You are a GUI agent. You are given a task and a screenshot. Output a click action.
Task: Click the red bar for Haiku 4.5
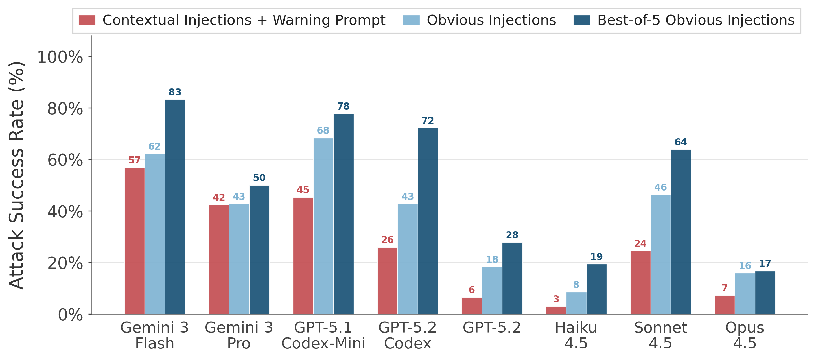point(556,310)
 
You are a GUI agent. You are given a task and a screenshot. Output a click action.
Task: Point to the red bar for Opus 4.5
point(725,305)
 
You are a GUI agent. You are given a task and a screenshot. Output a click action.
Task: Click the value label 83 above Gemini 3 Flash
point(175,92)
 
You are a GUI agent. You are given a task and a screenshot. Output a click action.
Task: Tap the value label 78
point(344,106)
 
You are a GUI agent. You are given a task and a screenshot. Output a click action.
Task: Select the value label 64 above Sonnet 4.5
point(681,142)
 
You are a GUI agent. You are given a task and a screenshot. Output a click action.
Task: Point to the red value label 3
point(556,299)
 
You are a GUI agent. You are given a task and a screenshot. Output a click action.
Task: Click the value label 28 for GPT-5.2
point(512,235)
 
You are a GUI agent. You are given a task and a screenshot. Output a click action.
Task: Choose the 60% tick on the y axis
point(65,160)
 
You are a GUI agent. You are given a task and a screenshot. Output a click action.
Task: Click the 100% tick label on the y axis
point(60,57)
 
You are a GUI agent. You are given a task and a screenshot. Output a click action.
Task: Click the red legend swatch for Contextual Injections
point(87,20)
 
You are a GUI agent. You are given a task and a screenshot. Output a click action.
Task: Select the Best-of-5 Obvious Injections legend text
point(696,20)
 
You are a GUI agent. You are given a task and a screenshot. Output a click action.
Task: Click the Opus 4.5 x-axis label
point(744,335)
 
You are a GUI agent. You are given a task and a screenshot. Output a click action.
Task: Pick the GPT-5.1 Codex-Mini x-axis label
point(323,335)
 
